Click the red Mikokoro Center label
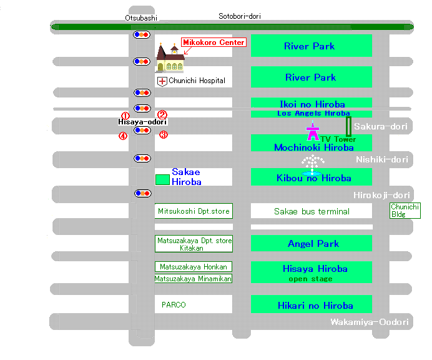point(214,42)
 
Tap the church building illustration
point(170,58)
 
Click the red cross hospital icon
point(162,81)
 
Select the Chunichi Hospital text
point(197,81)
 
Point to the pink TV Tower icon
point(313,131)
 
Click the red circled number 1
point(125,115)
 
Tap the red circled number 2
point(162,114)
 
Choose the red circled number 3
point(164,134)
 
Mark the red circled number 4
point(123,136)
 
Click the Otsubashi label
point(141,18)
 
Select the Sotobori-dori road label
point(240,16)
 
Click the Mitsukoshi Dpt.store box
point(194,211)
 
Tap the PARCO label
point(174,305)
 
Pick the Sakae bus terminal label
point(312,212)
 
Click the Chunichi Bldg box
point(405,211)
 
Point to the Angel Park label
point(313,244)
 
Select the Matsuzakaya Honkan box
point(194,267)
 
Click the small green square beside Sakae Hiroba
point(162,179)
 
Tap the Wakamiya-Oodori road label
point(370,322)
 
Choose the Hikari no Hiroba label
point(315,306)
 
